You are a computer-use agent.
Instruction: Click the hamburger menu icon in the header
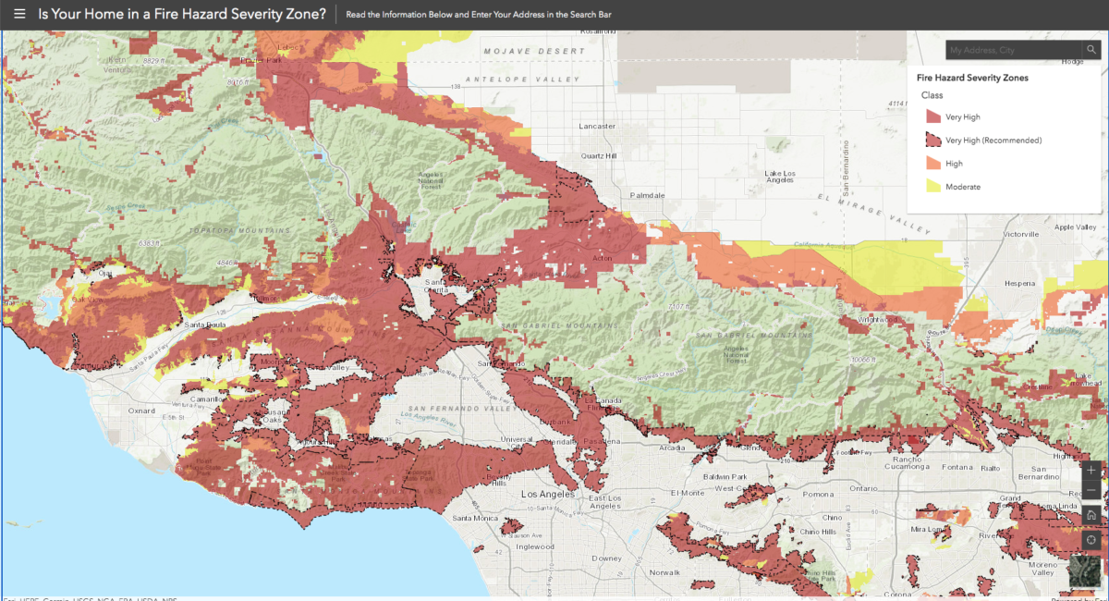tap(19, 15)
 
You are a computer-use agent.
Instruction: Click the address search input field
tap(1013, 50)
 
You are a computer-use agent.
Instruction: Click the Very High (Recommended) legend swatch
tap(932, 141)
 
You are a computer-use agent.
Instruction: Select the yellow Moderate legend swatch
tap(932, 187)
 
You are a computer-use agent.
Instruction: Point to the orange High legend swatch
tap(932, 164)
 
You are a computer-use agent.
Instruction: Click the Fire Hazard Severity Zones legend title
tap(972, 78)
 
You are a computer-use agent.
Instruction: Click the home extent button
tap(1091, 515)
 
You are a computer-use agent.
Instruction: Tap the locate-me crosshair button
tap(1091, 540)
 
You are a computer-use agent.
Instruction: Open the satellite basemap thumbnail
tap(1087, 574)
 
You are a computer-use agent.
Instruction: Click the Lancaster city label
tap(596, 126)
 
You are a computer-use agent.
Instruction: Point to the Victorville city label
tap(1021, 235)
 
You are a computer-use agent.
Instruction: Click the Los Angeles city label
tap(548, 494)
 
